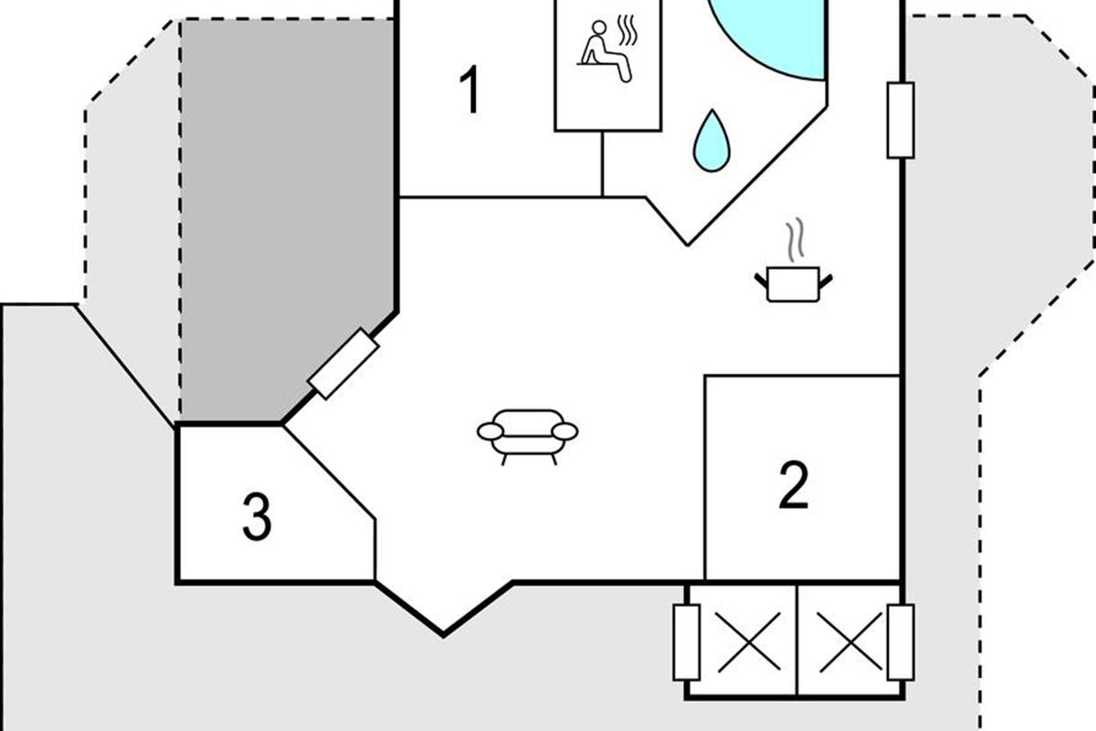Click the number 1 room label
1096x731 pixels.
coord(469,91)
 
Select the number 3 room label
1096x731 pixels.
coord(257,516)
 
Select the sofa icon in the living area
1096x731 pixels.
coord(528,432)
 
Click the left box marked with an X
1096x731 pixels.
coord(742,639)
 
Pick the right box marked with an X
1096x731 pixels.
coord(848,639)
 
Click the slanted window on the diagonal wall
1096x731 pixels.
coord(342,363)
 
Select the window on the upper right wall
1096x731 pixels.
coord(901,120)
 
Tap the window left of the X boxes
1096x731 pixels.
coord(686,643)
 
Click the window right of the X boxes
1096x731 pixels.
coord(901,643)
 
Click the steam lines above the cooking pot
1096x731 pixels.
coord(796,238)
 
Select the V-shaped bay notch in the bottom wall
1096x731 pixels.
coord(445,621)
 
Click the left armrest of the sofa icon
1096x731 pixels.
coord(490,431)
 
